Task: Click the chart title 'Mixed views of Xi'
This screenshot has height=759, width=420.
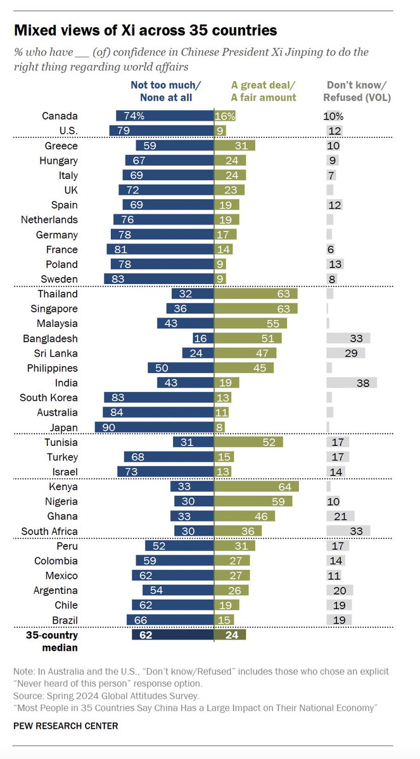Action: (x=146, y=30)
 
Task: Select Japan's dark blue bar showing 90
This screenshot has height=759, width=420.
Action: (x=154, y=428)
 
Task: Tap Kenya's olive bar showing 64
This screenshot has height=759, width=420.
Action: (x=257, y=487)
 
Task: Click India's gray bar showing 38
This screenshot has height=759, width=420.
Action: (x=352, y=383)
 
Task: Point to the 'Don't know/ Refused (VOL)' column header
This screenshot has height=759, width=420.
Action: (x=357, y=91)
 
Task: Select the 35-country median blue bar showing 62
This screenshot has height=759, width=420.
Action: (x=172, y=635)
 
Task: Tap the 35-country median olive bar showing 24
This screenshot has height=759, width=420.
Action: (x=230, y=635)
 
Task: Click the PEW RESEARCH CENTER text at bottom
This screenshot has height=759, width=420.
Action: (x=65, y=725)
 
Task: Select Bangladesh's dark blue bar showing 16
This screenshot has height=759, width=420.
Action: (x=203, y=338)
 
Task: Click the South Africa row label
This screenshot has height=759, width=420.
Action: (x=49, y=531)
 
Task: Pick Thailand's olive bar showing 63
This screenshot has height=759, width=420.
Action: (x=256, y=294)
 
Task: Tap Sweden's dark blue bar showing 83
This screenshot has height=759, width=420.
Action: (x=158, y=279)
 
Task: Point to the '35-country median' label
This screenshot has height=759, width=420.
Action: (x=51, y=641)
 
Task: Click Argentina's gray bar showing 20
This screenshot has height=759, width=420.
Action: (x=340, y=590)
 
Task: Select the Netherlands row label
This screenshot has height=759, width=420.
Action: (x=50, y=219)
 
